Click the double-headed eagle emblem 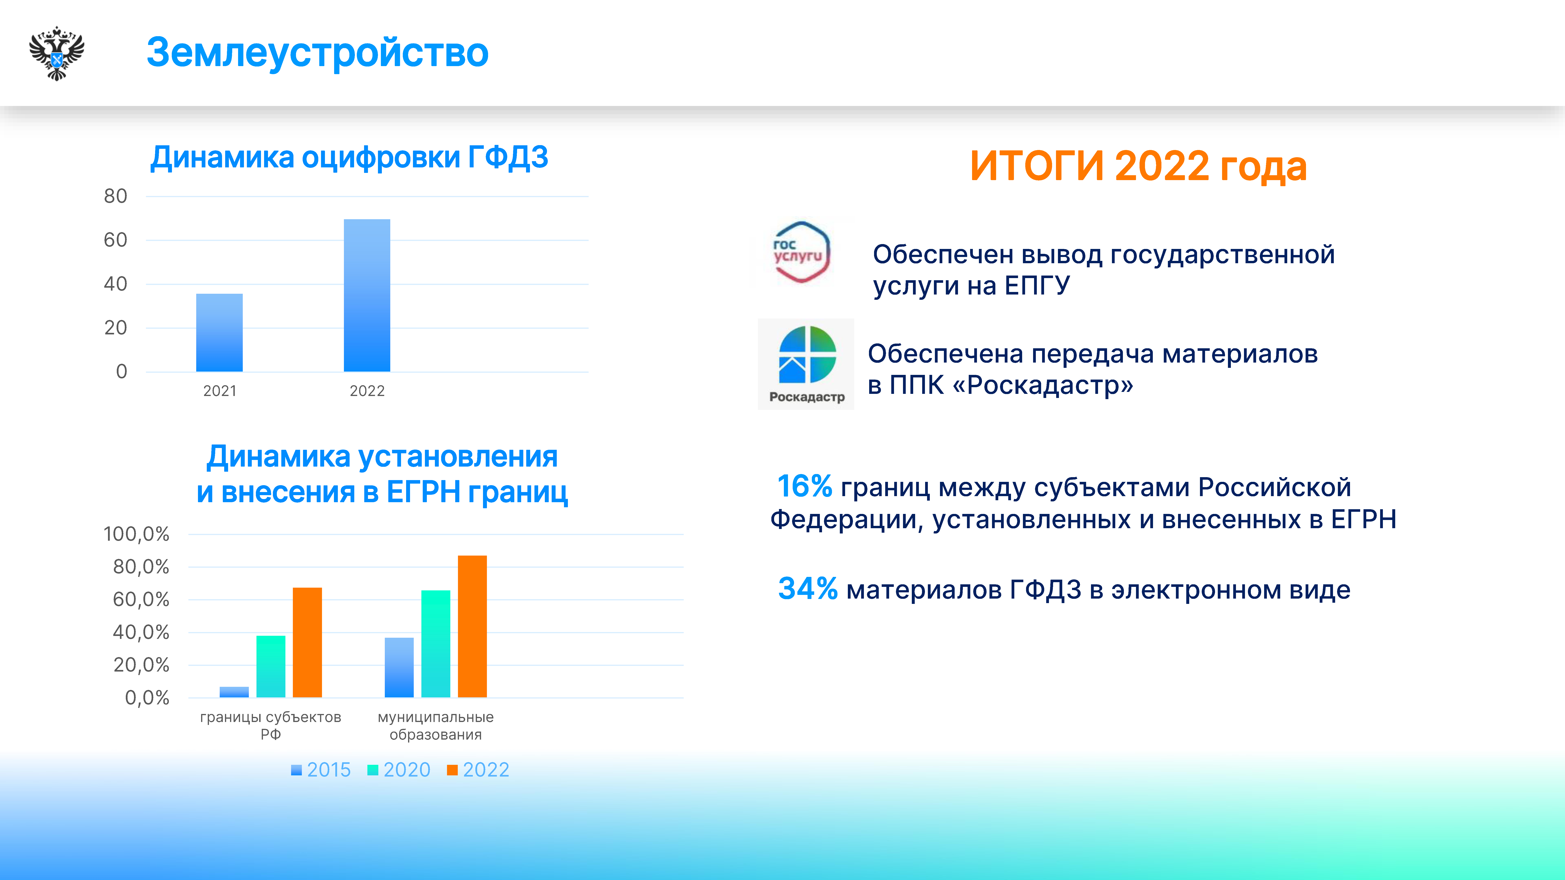coord(57,53)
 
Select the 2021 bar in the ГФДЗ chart coord(219,333)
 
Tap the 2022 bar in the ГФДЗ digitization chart coord(367,295)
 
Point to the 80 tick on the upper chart coord(115,196)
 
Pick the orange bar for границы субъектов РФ coord(307,643)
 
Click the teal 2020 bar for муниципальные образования coord(436,644)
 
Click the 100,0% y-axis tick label coord(136,534)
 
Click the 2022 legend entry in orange coord(478,770)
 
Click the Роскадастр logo coord(806,364)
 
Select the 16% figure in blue coord(804,487)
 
